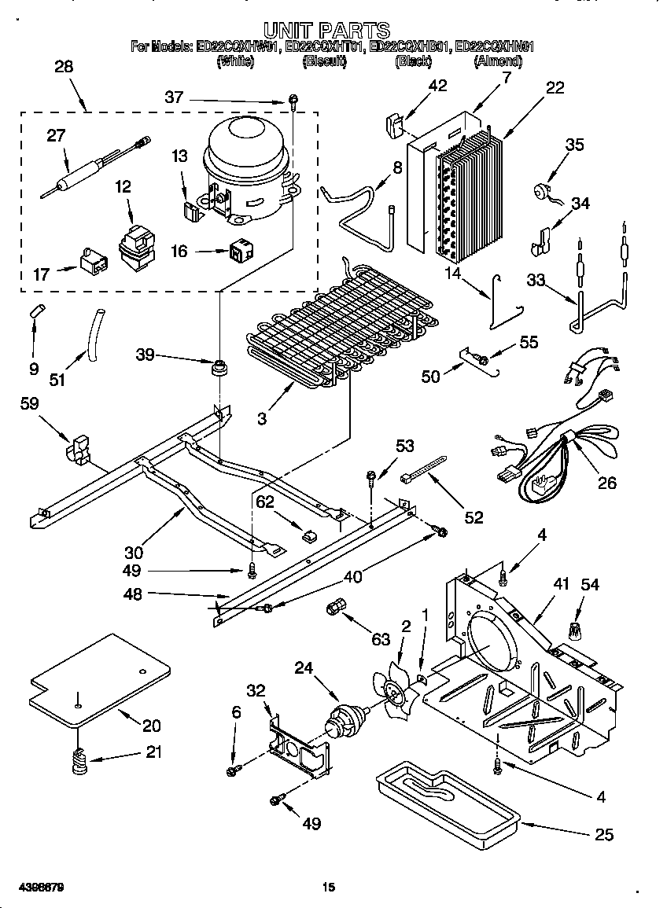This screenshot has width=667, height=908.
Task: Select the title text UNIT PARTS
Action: [326, 30]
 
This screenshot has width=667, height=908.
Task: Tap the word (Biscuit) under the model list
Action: [324, 61]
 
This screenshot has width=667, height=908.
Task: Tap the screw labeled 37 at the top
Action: [293, 99]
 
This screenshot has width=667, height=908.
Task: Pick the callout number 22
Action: [555, 88]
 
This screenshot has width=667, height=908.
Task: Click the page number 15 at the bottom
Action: [329, 888]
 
